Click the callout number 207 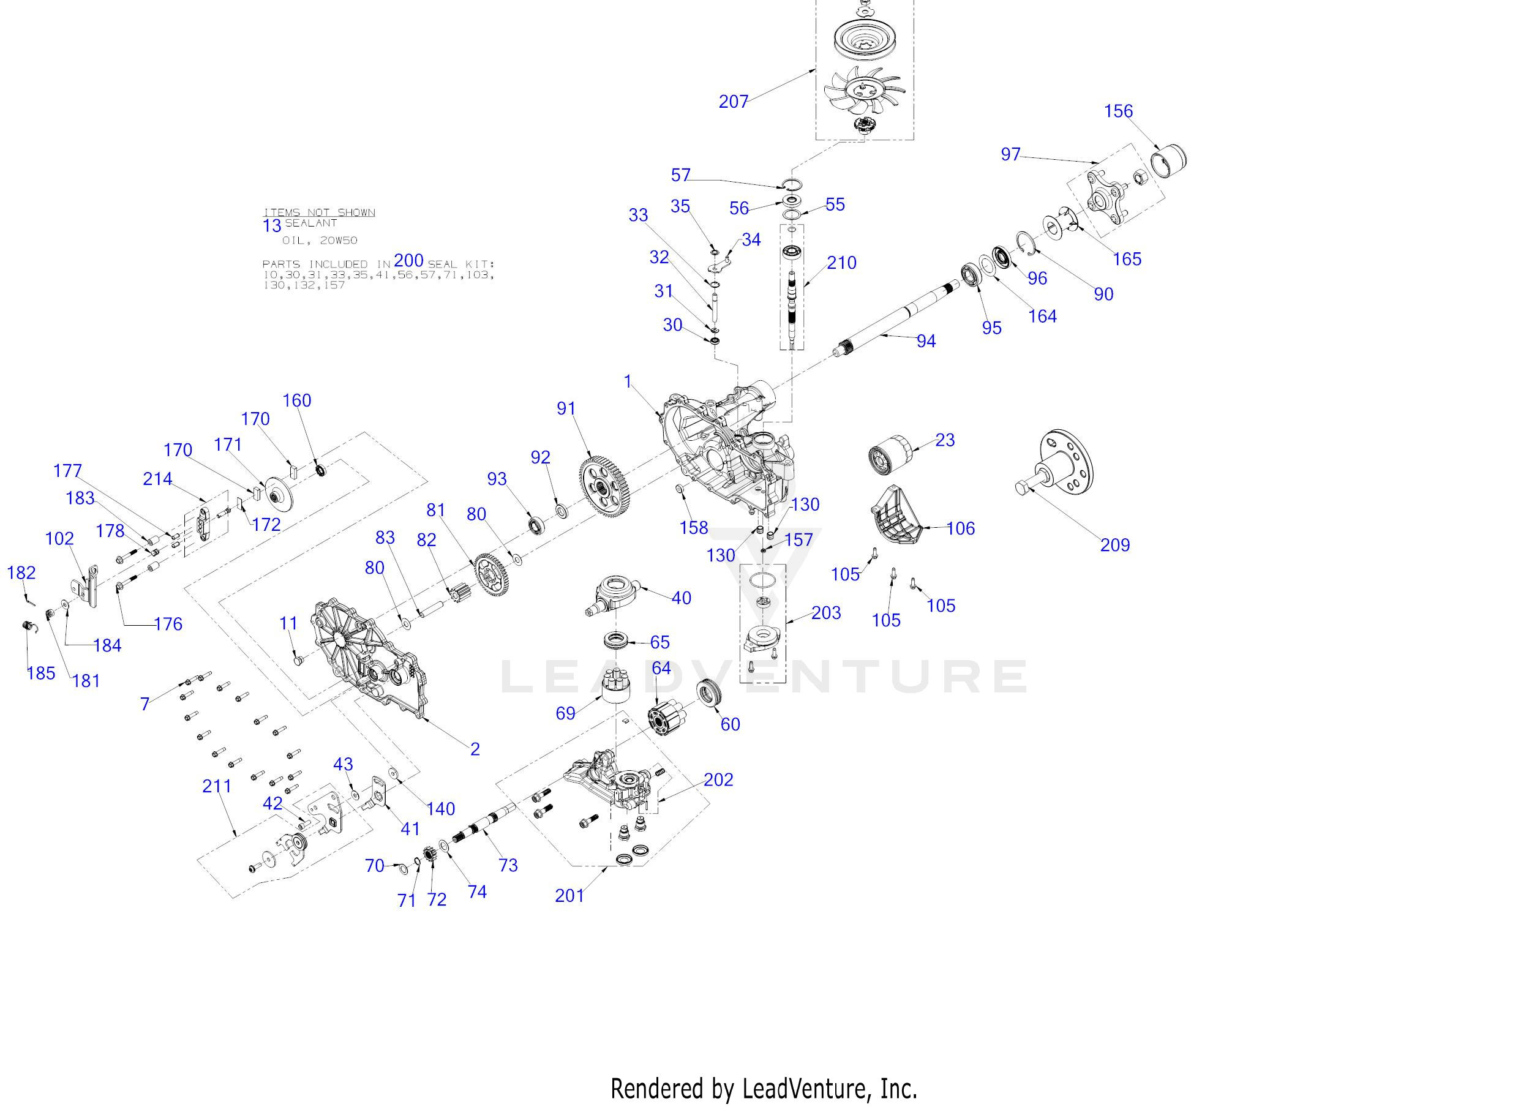(x=734, y=102)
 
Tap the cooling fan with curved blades (x=864, y=91)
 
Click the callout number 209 (x=1114, y=545)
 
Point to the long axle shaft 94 (x=896, y=320)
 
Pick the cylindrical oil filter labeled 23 (x=888, y=454)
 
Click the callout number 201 (x=569, y=895)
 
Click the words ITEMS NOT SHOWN (x=319, y=212)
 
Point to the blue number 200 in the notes (x=408, y=261)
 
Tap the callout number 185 (x=40, y=673)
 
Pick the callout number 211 (x=217, y=786)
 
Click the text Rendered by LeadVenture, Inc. (x=764, y=1089)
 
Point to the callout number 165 (x=1127, y=259)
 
